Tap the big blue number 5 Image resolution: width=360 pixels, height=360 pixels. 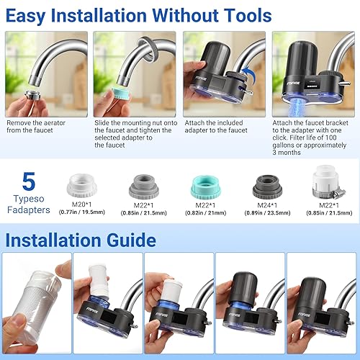[x=30, y=182]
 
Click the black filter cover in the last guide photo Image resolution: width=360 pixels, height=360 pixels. [x=313, y=288]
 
